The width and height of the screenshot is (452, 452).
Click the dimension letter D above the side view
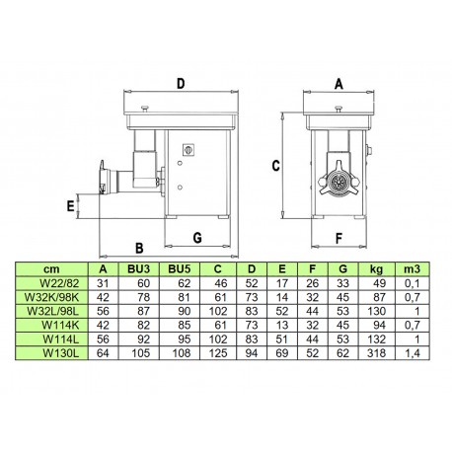(x=181, y=84)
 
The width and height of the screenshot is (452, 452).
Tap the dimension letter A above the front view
(x=339, y=84)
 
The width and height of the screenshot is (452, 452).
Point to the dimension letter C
(x=275, y=166)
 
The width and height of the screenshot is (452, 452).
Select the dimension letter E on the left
(x=70, y=206)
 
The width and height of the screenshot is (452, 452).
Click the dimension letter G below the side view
(x=197, y=238)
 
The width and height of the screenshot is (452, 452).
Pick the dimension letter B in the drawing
(x=139, y=248)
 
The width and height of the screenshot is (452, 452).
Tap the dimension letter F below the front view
(x=339, y=238)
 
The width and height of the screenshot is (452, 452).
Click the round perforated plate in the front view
(x=339, y=182)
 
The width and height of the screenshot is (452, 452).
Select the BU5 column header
(x=180, y=269)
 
